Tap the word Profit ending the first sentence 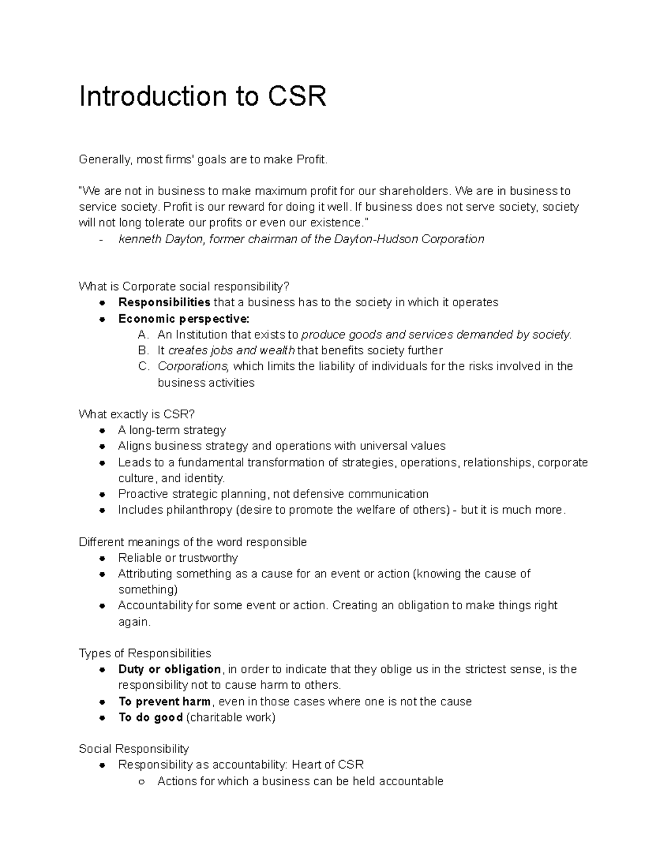click(311, 160)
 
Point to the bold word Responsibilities click(164, 302)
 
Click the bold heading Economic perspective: click(184, 319)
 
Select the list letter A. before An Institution click(143, 335)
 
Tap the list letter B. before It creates click(143, 350)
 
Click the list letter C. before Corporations click(143, 367)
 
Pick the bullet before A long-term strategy click(102, 430)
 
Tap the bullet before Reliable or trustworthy click(102, 558)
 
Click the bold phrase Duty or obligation click(169, 669)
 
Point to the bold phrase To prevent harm click(164, 701)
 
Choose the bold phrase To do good click(150, 717)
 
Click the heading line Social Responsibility click(134, 749)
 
